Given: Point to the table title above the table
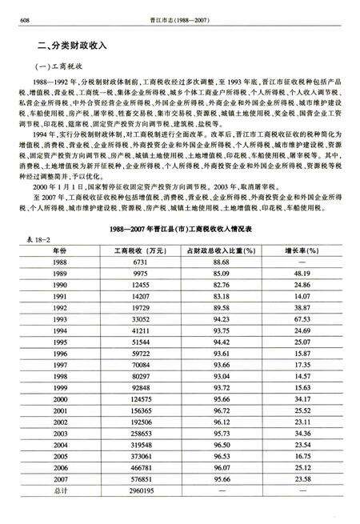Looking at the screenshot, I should tap(180, 230).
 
